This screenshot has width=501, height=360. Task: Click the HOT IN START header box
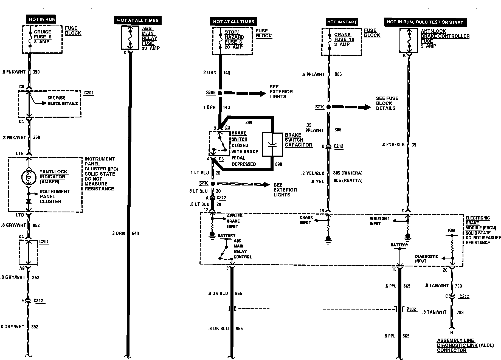342,22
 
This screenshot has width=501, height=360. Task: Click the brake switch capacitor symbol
272,145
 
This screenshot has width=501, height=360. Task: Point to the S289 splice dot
220,93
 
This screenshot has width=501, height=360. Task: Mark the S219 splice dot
328,107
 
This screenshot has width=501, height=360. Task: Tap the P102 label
411,309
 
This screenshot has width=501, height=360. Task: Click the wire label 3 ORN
118,234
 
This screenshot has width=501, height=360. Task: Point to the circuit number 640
136,234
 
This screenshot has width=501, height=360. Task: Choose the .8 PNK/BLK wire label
393,145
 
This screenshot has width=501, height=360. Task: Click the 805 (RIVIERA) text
348,173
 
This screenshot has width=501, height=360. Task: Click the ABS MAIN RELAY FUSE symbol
131,38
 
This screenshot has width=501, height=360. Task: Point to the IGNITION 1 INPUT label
379,221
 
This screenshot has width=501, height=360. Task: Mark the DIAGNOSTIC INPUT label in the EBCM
426,258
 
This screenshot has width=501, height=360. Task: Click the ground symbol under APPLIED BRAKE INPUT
212,235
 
